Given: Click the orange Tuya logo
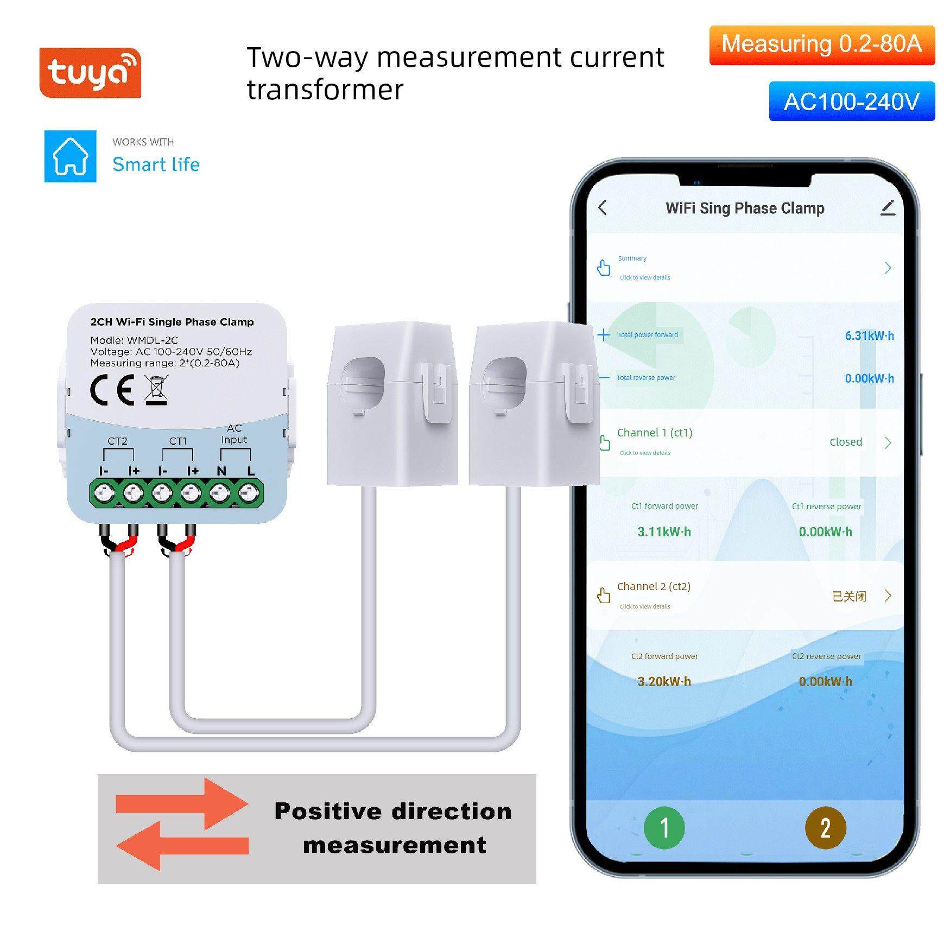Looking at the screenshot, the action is pos(90,73).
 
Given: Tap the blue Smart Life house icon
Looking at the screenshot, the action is pos(70,156).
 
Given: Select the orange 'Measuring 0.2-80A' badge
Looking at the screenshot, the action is pos(822,45).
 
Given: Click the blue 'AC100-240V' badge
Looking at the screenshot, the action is pos(852,102).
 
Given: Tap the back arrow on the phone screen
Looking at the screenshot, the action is pos(602,207).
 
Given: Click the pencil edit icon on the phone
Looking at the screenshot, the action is pos(888,207).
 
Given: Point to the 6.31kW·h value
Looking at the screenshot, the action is pos(869,335).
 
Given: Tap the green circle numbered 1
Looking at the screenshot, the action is pos(664,828).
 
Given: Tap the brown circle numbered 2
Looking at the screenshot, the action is pos(825,828).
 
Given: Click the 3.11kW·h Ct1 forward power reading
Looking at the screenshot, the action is pos(664,531).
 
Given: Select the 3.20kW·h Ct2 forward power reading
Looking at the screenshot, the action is pos(664,681).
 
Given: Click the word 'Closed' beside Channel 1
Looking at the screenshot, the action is pos(846,442).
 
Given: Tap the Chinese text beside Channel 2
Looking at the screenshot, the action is pos(849,596).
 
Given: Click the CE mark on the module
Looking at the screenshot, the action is pos(112,390).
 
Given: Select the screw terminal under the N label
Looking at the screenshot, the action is pos(219,493).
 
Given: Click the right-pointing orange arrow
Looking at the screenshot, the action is pos(182,804).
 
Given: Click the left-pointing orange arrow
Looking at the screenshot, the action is pos(182,846).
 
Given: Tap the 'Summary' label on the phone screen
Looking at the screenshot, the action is pos(632,258).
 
